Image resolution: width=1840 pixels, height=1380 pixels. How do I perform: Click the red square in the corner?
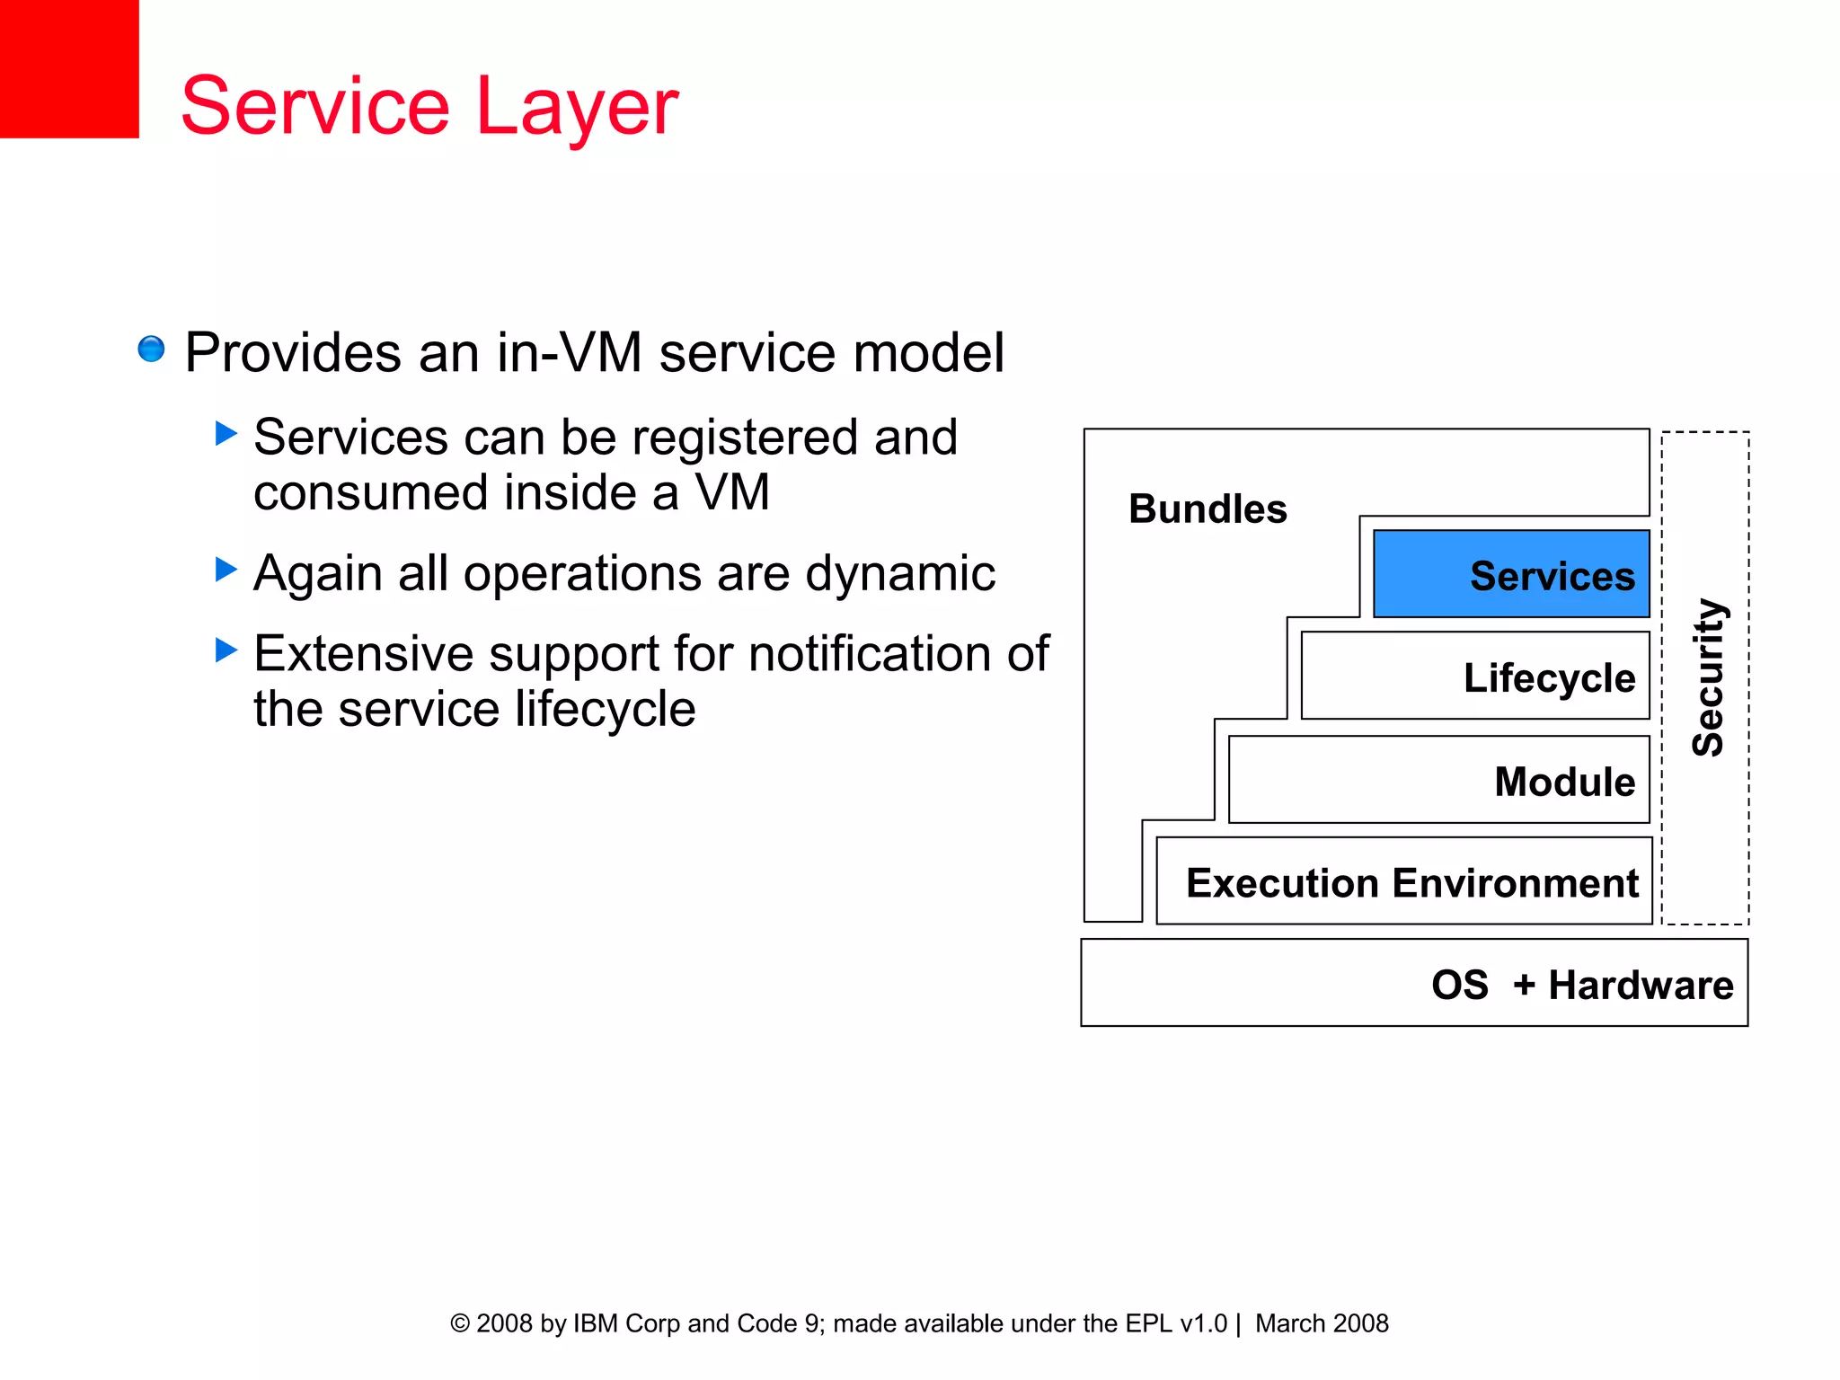[x=68, y=68]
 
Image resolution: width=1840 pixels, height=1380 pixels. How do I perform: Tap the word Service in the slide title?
[x=314, y=106]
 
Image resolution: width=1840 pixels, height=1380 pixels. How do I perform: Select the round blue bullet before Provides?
[x=151, y=349]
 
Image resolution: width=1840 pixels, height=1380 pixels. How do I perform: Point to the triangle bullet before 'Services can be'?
[x=226, y=434]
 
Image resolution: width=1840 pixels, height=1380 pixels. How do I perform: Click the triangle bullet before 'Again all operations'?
[x=226, y=570]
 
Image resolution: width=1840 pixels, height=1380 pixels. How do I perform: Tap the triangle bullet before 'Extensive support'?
[x=226, y=650]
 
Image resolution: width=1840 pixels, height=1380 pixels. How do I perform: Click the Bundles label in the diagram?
[x=1207, y=509]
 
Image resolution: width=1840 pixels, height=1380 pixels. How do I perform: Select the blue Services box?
[x=1510, y=574]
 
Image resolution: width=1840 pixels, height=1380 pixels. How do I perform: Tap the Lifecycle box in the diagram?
[x=1474, y=677]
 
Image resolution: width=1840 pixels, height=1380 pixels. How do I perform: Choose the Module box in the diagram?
[x=1438, y=780]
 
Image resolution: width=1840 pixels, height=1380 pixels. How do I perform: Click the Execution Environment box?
[x=1403, y=881]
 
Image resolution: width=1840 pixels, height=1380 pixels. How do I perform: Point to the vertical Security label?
[x=1707, y=677]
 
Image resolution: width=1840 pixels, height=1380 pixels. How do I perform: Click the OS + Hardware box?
[x=1413, y=983]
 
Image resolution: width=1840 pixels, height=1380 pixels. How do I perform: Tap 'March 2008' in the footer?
[x=1321, y=1323]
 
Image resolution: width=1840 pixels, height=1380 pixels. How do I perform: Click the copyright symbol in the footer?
[x=459, y=1323]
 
